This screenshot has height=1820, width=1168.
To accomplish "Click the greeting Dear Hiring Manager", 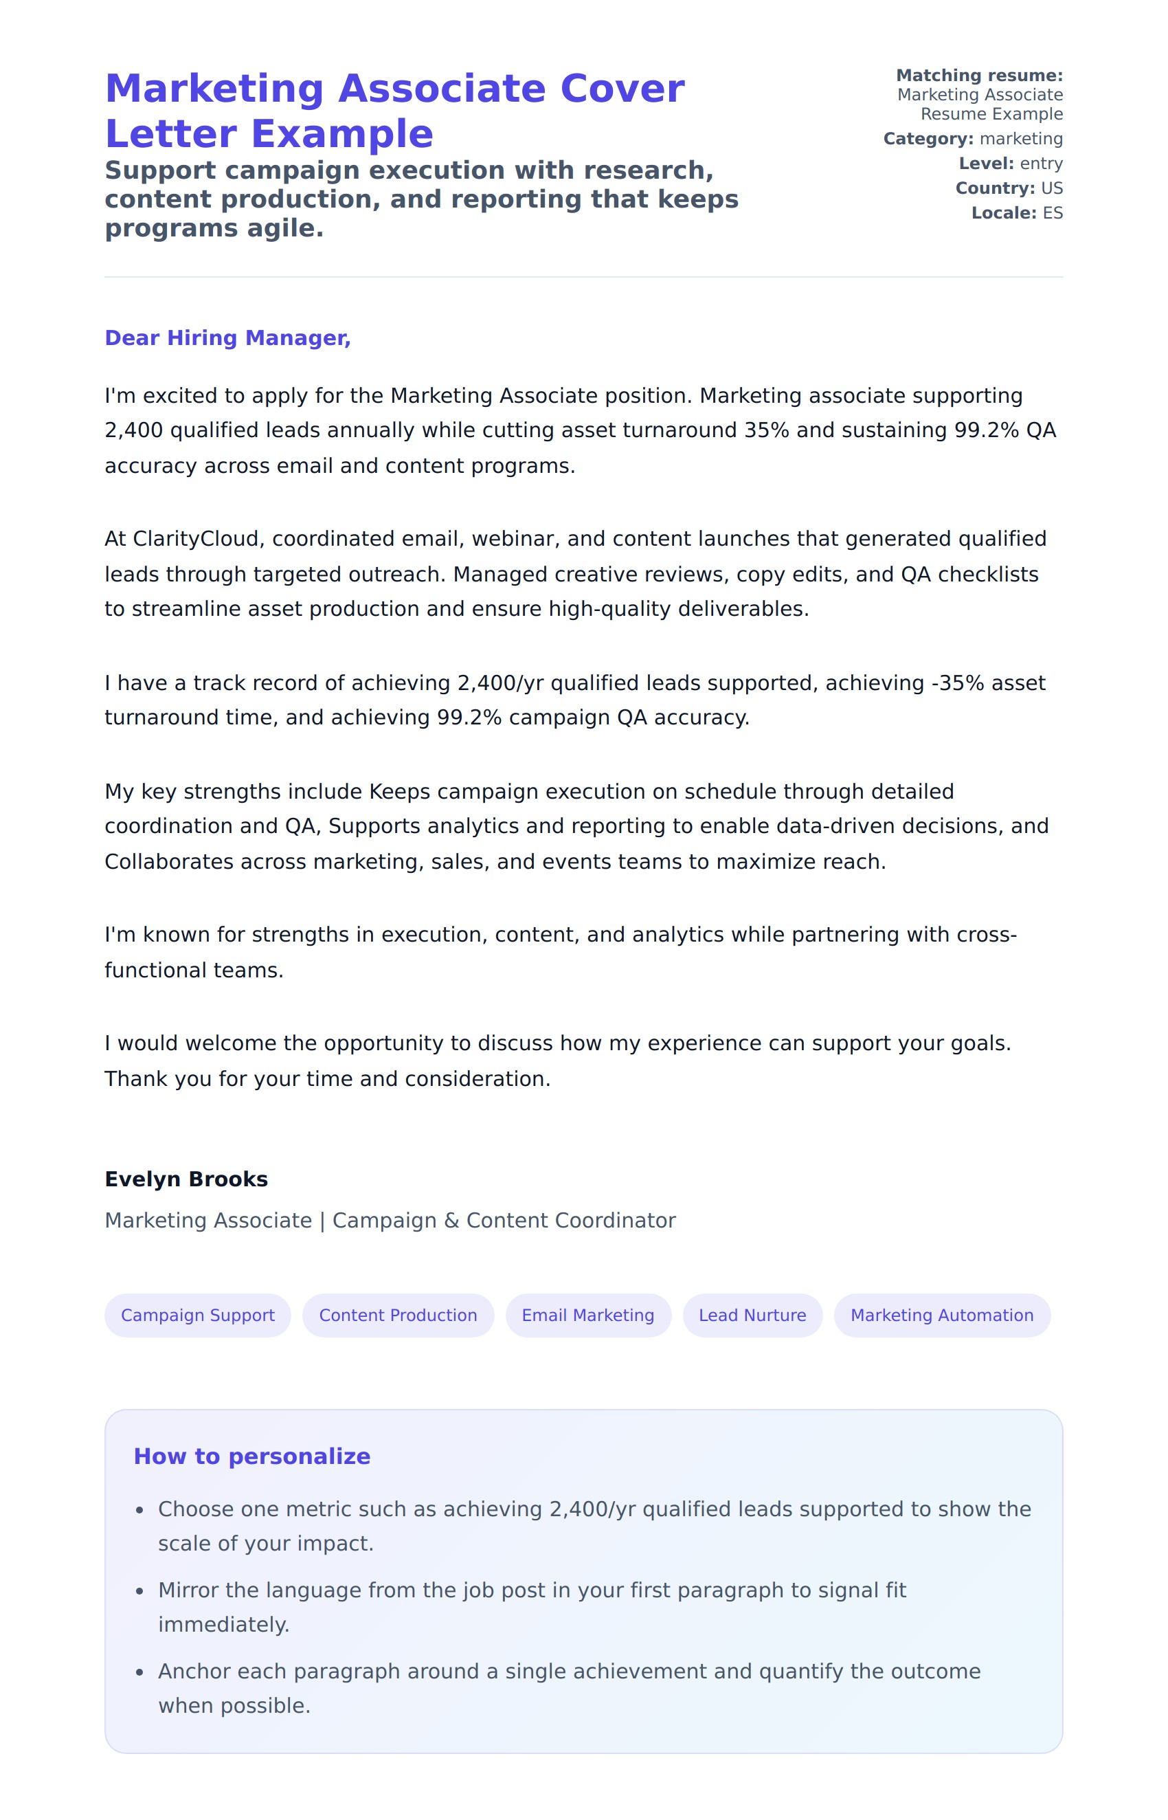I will [227, 337].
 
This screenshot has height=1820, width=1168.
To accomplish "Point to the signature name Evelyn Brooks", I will [186, 1179].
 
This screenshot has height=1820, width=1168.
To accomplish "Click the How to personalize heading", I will [251, 1456].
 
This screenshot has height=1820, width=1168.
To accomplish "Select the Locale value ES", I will [1052, 213].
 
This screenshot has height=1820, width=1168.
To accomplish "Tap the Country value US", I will [1051, 188].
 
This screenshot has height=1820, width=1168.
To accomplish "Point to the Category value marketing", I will [1021, 139].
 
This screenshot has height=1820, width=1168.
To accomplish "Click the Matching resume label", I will [979, 76].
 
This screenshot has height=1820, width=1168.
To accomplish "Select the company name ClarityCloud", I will [196, 539].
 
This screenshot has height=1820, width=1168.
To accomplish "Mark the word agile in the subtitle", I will [293, 227].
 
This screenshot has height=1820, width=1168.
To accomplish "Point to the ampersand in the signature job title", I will [451, 1221].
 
